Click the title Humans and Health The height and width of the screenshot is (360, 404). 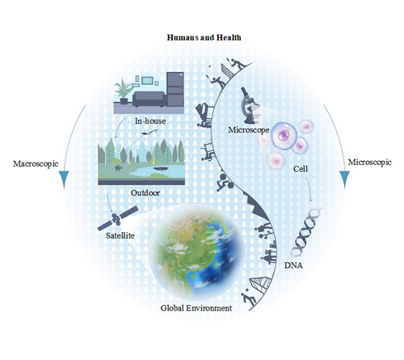[204, 37]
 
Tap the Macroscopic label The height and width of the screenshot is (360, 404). [36, 163]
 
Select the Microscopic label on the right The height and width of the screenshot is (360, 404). [370, 163]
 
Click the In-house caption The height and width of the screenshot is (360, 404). [150, 121]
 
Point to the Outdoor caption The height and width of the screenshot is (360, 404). [145, 193]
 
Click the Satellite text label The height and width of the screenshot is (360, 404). [120, 235]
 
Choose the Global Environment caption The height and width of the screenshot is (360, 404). [196, 308]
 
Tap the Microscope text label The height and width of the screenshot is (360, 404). [249, 129]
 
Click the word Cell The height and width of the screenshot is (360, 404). [301, 169]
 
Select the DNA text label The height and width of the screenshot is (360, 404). [293, 265]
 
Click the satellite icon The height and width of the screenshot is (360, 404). [118, 218]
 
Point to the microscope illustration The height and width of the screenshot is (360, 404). [249, 105]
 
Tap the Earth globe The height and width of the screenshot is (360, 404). [197, 252]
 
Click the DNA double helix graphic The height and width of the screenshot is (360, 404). [306, 232]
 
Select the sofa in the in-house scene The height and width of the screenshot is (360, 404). [149, 99]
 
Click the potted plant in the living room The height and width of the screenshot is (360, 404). [124, 91]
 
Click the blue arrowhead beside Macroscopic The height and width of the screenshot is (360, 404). [64, 179]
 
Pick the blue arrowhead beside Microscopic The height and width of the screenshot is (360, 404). [344, 179]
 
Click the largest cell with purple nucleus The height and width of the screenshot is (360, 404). [284, 136]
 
